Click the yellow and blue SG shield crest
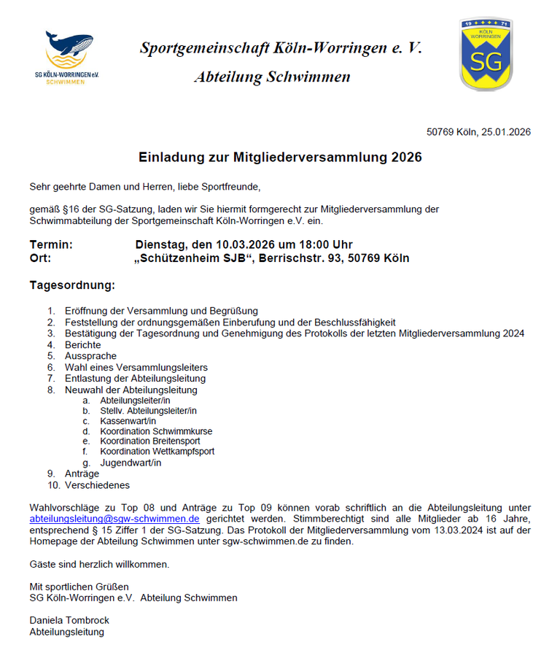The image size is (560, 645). click(485, 55)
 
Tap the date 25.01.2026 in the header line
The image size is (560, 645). click(506, 132)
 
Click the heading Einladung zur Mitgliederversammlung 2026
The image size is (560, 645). click(280, 157)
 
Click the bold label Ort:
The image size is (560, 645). click(41, 258)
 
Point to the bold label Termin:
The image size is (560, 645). click(51, 244)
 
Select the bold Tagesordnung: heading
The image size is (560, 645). click(72, 285)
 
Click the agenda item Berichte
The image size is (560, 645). click(83, 344)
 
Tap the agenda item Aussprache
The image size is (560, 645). click(90, 356)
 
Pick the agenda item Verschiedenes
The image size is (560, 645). click(97, 484)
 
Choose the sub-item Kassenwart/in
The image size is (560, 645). click(128, 421)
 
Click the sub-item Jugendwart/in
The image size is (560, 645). click(131, 463)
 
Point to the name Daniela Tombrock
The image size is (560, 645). click(69, 620)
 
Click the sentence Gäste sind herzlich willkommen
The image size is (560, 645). click(99, 564)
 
